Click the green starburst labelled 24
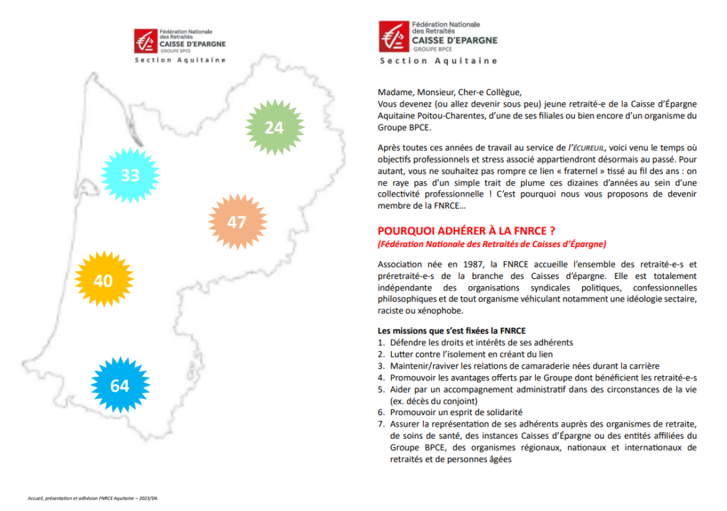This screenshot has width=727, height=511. tap(274, 127)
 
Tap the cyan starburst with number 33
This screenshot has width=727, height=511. tap(130, 175)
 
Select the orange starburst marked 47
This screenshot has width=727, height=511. tap(236, 222)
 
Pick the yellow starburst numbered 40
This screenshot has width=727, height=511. tap(103, 280)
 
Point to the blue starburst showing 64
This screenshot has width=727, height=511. tap(119, 385)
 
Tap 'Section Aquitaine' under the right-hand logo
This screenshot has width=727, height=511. tap(438, 61)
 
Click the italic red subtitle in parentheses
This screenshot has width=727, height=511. tap(492, 244)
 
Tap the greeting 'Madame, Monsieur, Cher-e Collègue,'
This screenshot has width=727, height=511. tap(449, 93)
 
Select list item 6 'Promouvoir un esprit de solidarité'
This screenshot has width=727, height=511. tap(456, 412)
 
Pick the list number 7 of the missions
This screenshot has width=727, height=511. tap(381, 424)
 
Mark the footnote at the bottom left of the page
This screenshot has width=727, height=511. tap(89, 498)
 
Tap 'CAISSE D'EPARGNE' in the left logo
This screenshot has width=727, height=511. tap(192, 43)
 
